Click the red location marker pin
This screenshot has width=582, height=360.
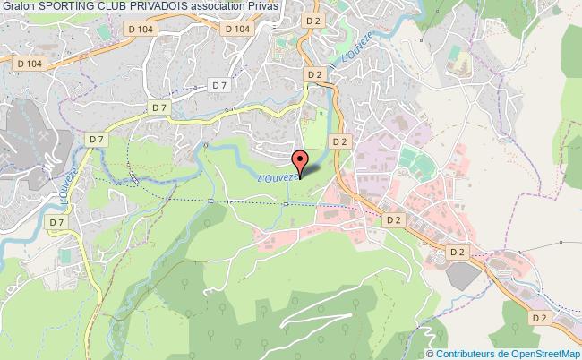[301, 159]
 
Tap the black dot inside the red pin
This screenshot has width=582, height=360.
[301, 158]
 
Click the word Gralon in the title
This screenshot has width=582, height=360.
[19, 6]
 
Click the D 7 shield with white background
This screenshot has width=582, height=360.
[218, 85]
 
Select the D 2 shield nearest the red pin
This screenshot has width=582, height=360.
[338, 141]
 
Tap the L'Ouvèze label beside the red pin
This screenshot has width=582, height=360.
[276, 178]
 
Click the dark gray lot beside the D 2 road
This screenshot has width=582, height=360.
[460, 275]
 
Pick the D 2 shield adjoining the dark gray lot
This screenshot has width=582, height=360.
[457, 253]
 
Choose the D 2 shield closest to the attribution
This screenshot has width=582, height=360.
[539, 317]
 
